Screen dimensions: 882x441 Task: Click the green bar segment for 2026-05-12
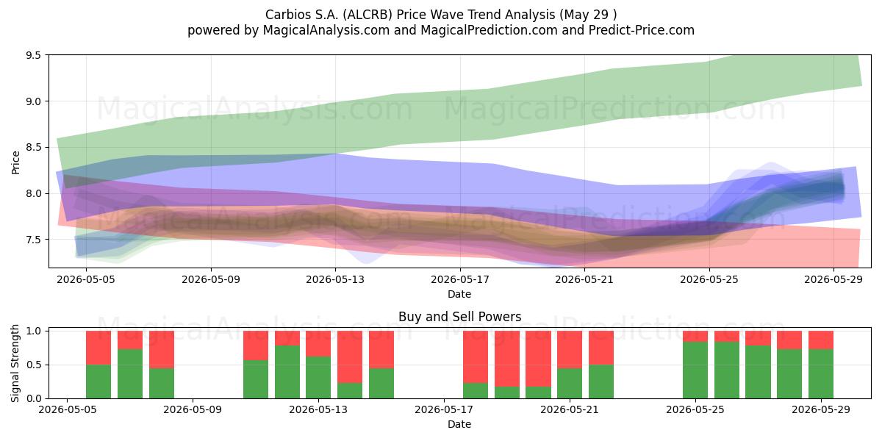pos(287,372)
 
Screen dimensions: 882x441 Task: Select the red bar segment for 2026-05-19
pos(506,359)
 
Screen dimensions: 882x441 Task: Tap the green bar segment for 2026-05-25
pos(695,370)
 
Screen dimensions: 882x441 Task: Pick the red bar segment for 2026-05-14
pos(350,356)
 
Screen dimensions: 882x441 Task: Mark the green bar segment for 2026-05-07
pos(130,373)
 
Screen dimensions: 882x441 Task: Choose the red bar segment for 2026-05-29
pos(821,340)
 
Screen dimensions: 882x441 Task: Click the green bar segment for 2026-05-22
pos(601,381)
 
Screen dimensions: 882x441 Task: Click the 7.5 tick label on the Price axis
pos(34,240)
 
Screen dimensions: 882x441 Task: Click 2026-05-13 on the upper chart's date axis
pos(335,279)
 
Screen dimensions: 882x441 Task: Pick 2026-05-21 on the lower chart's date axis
pos(570,410)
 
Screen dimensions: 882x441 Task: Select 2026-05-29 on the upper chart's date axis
pos(833,279)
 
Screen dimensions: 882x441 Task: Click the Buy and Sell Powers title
pos(459,317)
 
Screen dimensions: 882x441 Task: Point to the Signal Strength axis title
pos(15,363)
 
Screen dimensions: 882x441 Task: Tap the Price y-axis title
pos(15,162)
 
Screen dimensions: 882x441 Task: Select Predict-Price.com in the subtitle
pos(642,30)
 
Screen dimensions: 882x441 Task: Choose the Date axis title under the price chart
pos(459,294)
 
